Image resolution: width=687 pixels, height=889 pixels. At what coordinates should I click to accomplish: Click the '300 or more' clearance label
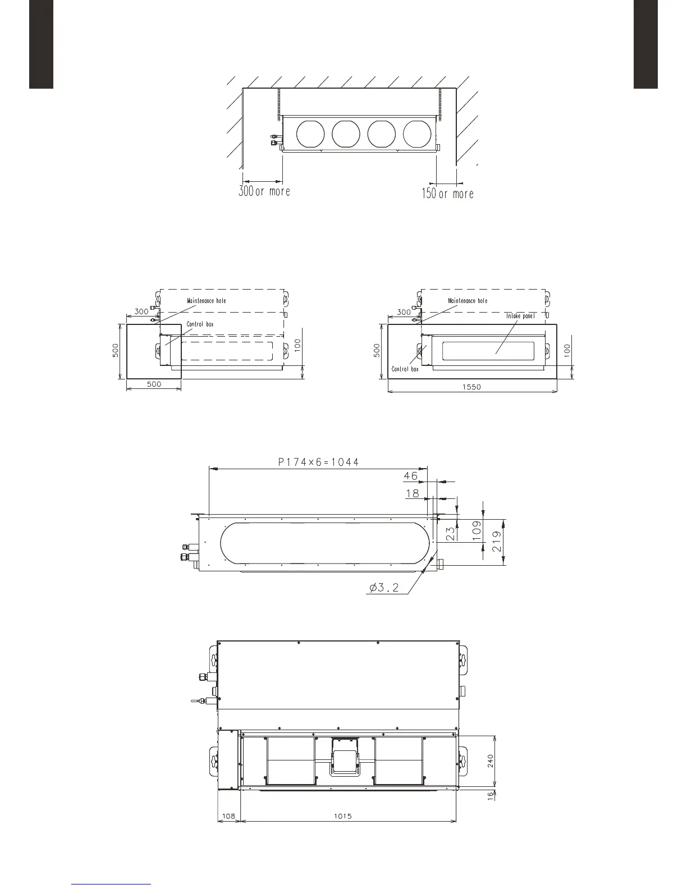coord(264,191)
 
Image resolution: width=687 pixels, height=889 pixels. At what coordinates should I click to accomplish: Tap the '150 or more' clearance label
coord(447,194)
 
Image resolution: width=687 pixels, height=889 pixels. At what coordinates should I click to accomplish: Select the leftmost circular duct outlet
coord(310,134)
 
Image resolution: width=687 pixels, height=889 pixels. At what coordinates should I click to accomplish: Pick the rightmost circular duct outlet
coord(417,134)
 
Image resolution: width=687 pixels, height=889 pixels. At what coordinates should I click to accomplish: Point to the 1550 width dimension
coord(472,387)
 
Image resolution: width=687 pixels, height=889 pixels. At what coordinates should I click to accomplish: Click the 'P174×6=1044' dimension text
coord(318,462)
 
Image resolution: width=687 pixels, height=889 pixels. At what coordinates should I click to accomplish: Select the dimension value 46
coord(411,476)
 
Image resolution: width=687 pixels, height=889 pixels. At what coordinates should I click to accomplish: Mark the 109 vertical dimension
coord(477,531)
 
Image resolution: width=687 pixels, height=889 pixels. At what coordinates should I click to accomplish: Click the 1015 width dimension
coord(342,816)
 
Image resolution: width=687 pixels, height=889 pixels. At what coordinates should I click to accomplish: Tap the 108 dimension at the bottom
coord(228,816)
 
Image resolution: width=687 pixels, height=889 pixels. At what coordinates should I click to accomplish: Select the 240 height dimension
coord(490,761)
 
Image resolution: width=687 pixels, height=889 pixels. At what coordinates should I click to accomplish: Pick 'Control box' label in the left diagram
coord(200,324)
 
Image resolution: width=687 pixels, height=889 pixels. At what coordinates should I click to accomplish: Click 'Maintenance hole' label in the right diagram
coord(468,301)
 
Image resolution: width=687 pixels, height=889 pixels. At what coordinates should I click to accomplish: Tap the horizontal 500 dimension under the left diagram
coord(154,384)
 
